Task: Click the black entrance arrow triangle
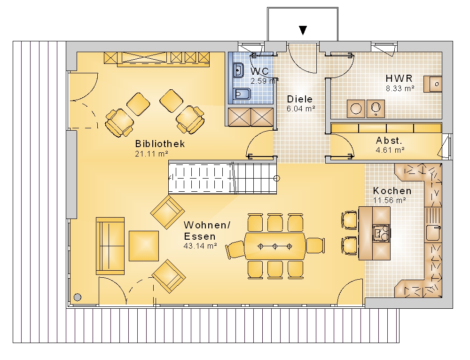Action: point(303,30)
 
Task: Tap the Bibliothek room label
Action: point(160,144)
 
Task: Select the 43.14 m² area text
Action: point(200,246)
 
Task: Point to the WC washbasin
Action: point(238,70)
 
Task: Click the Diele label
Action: point(300,99)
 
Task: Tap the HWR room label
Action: point(399,78)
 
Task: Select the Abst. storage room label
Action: point(389,141)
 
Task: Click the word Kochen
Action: point(392,191)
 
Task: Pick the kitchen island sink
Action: point(381,233)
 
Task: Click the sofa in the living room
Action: point(110,246)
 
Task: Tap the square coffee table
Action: point(144,246)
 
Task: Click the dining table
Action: point(275,246)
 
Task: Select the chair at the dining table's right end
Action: point(315,245)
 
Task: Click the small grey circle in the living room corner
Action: point(78,297)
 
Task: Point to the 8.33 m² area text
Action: point(400,89)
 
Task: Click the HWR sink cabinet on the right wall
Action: point(432,84)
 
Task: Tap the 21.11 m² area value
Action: point(151,154)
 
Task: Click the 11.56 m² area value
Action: point(390,200)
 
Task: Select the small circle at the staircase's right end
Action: point(277,178)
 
